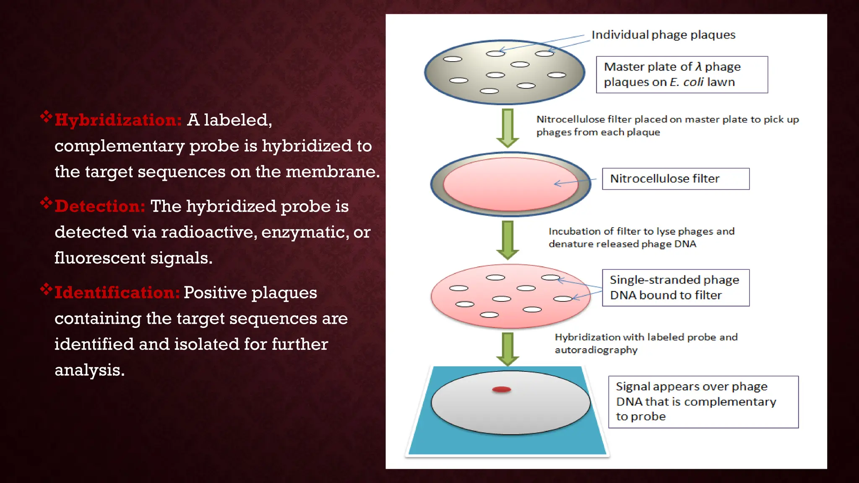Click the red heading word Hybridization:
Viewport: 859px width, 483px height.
point(118,120)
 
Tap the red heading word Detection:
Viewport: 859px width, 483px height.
point(100,206)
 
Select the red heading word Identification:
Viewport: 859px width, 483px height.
point(117,293)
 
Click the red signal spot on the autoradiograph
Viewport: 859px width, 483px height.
point(501,390)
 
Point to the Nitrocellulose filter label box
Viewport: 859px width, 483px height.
point(675,179)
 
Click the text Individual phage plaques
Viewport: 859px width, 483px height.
point(663,35)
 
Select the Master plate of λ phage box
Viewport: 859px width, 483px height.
point(682,75)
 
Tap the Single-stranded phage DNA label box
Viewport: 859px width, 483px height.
point(675,288)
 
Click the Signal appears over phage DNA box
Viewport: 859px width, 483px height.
point(703,402)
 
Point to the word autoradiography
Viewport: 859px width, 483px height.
point(596,350)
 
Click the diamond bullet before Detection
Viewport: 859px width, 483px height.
point(46,203)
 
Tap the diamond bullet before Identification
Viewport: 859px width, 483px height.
point(46,289)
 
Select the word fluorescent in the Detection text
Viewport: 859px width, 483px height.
point(99,258)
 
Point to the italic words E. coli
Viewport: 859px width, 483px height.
point(687,82)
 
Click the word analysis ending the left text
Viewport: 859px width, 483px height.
point(89,370)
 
